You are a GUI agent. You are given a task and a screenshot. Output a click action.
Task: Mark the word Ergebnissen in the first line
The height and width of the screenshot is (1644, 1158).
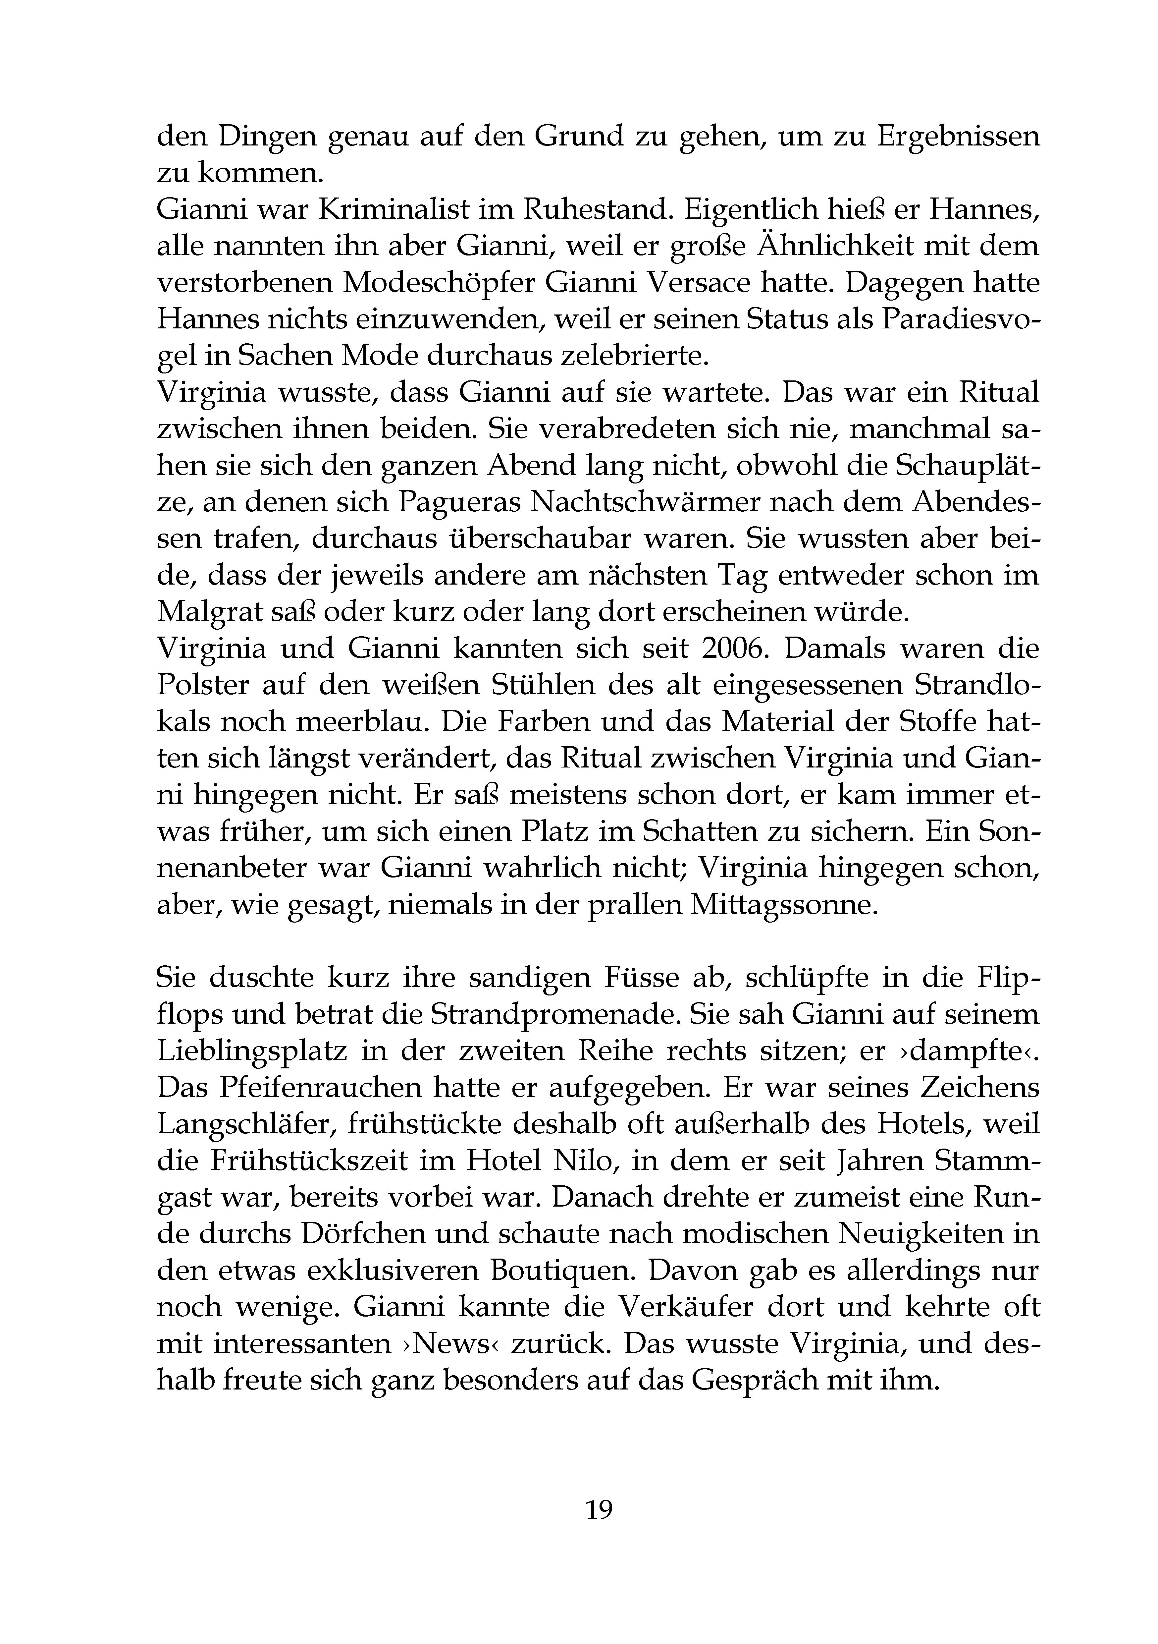coord(958,135)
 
